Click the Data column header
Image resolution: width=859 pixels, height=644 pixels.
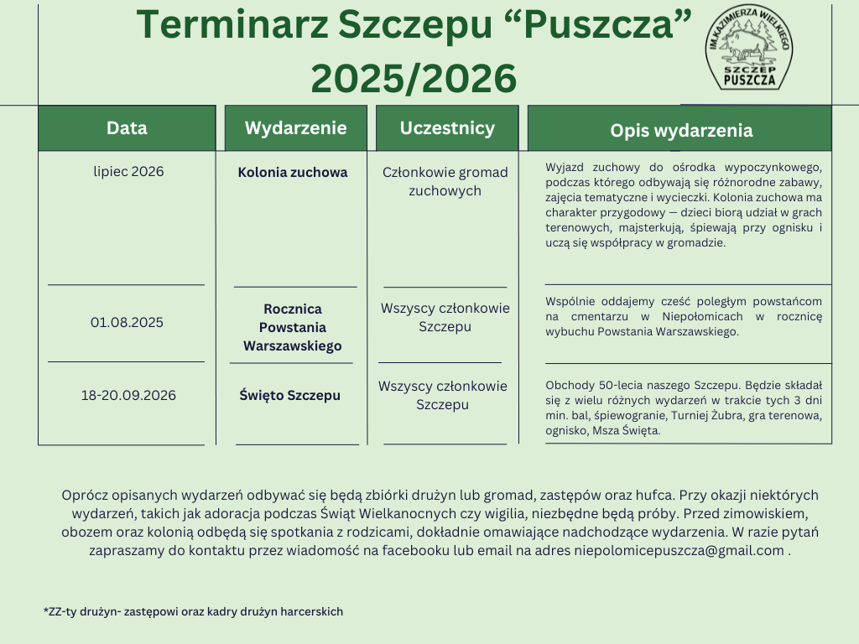tap(127, 128)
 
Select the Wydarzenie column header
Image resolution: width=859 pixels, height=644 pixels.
tap(295, 128)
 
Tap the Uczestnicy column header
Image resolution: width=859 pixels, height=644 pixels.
tap(447, 128)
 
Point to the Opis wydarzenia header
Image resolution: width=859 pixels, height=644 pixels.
tap(680, 130)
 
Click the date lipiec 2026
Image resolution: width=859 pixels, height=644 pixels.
tap(128, 172)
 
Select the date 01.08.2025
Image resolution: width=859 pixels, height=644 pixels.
tap(127, 322)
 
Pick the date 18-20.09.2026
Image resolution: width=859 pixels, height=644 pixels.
tap(128, 395)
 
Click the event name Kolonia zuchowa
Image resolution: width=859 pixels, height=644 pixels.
tap(292, 173)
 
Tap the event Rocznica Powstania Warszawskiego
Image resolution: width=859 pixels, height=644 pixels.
tap(292, 327)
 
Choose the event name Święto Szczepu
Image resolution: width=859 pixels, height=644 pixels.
tap(289, 395)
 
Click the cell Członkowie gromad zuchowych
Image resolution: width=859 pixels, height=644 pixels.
tap(445, 181)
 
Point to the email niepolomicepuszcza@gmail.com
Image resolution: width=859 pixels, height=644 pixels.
tap(679, 551)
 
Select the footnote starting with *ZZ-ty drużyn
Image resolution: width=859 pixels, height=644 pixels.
tap(193, 612)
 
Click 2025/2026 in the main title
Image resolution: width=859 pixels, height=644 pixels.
tap(414, 79)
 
